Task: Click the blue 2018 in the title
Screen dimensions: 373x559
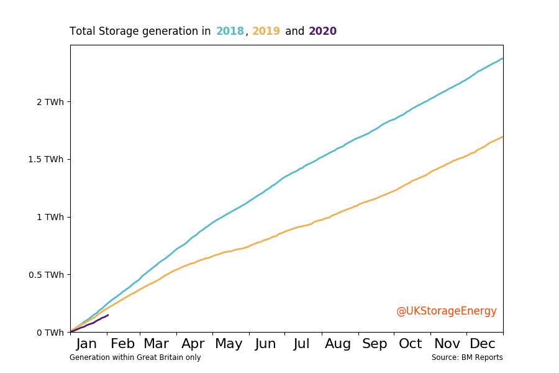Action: (x=230, y=31)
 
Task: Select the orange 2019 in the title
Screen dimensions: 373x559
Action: (x=266, y=31)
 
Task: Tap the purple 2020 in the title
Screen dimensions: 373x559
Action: (x=322, y=31)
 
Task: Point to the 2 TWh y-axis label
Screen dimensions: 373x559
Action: (x=50, y=102)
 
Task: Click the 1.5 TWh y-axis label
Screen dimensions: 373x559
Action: (x=46, y=160)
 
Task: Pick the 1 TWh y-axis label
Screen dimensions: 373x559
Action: (x=50, y=217)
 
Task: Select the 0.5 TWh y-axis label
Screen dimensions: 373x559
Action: (x=46, y=275)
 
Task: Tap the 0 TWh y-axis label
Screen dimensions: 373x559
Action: (x=50, y=333)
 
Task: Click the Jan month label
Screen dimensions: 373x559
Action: (x=86, y=344)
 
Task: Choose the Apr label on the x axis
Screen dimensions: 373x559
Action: (x=193, y=344)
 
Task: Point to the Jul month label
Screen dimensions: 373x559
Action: (x=302, y=344)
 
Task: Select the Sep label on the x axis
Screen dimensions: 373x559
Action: (x=375, y=344)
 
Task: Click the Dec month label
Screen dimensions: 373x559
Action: (x=483, y=344)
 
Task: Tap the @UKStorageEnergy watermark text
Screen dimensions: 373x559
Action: (x=446, y=311)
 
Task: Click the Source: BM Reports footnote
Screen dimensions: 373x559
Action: (x=467, y=357)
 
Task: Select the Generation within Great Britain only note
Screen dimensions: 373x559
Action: (x=135, y=357)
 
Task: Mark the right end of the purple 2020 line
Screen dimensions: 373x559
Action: (x=108, y=315)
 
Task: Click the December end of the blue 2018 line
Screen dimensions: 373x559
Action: (x=502, y=58)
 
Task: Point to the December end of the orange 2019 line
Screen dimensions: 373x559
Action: (x=502, y=137)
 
